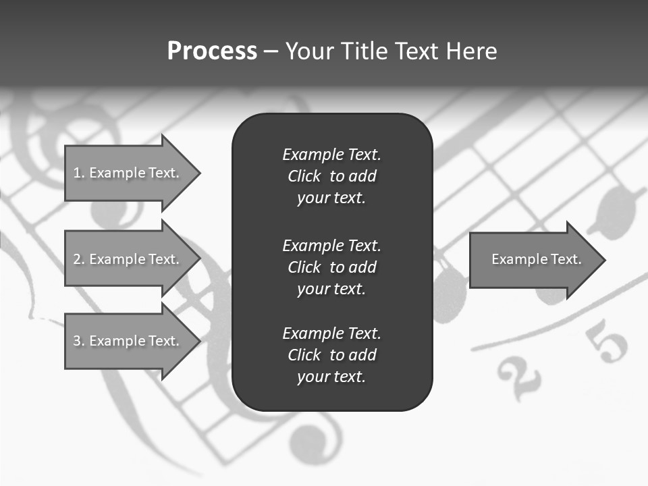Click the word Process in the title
[x=212, y=51]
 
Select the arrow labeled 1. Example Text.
[x=128, y=173]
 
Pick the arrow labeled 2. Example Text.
[x=128, y=259]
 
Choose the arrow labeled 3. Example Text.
[x=128, y=341]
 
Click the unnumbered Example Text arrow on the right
[x=533, y=259]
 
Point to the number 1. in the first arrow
[x=78, y=173]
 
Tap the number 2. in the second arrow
[x=78, y=259]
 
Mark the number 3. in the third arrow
[x=78, y=341]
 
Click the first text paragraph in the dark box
[x=331, y=176]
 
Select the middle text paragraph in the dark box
[x=331, y=267]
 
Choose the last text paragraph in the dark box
[x=331, y=355]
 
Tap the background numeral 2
[x=518, y=378]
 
